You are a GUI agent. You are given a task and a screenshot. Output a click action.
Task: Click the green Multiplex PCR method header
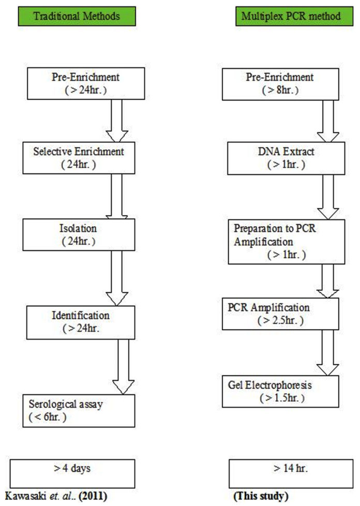pyautogui.click(x=291, y=16)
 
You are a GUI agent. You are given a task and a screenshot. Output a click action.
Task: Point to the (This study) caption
pyautogui.click(x=261, y=497)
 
